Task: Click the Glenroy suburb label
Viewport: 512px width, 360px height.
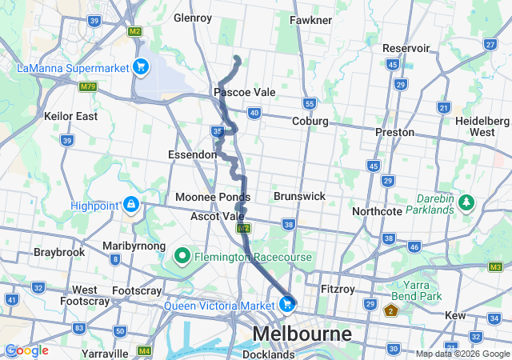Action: (192, 17)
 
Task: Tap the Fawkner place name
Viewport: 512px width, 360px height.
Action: (311, 19)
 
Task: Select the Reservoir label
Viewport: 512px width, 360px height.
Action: (406, 48)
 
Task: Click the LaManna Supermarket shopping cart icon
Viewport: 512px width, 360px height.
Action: (141, 66)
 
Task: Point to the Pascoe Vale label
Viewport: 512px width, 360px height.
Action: (244, 92)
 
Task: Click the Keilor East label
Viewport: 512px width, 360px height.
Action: (71, 116)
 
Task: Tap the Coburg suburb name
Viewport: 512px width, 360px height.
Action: (310, 121)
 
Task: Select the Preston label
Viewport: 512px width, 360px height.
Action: (395, 131)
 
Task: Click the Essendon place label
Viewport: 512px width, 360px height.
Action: (192, 154)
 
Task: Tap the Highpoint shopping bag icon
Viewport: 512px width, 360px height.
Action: (130, 206)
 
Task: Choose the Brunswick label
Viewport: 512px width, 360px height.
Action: (298, 195)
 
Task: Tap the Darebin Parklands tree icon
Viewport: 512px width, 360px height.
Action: (466, 204)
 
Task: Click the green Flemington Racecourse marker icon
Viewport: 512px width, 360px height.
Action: (182, 257)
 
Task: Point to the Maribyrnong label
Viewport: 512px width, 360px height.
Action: (134, 246)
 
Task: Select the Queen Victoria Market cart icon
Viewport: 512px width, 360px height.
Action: (286, 304)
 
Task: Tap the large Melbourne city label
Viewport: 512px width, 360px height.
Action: (302, 332)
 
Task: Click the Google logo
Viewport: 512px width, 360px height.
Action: (26, 350)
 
